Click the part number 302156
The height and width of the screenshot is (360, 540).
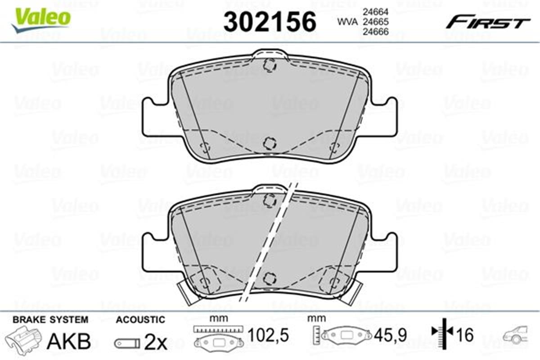click(270, 21)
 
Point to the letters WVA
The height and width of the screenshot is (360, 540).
click(346, 21)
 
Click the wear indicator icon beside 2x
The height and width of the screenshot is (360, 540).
click(127, 343)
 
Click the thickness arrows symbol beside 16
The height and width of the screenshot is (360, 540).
click(442, 333)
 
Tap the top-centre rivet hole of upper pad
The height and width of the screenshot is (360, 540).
click(270, 65)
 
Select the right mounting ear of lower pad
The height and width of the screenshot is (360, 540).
click(385, 252)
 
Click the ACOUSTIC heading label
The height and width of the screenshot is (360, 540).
click(140, 320)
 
